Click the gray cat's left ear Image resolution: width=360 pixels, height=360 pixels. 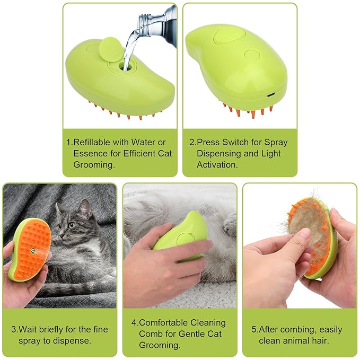pos(59,208)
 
